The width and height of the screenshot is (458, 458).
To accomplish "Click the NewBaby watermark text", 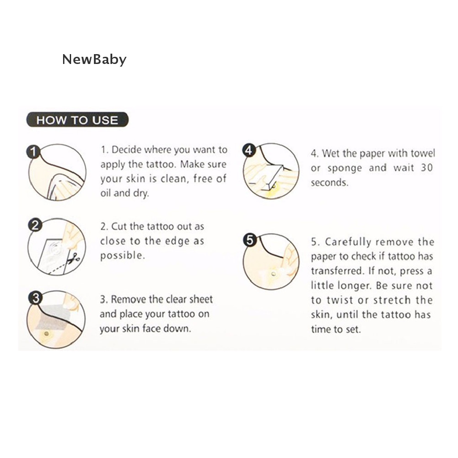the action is tap(94, 59).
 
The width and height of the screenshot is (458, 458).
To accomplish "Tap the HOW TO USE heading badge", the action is tap(77, 120).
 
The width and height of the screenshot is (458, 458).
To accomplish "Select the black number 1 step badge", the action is tap(34, 152).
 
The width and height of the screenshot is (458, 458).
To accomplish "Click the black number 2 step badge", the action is tap(35, 225).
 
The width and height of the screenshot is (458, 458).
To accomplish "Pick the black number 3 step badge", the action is tap(35, 298).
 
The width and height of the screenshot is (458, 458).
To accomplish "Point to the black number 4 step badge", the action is tap(249, 150).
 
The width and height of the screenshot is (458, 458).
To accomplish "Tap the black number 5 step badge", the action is tap(250, 240).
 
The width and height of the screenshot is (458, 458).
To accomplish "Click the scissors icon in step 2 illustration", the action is tap(73, 259).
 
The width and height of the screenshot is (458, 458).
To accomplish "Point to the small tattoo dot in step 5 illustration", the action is tap(273, 274).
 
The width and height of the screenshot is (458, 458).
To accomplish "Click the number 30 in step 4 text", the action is tap(426, 168).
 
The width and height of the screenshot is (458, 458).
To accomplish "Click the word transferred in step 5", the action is tap(337, 271).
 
